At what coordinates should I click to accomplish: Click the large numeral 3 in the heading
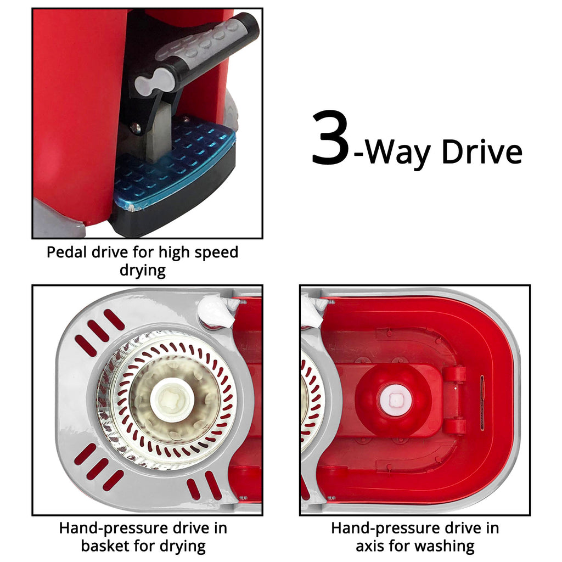click(x=330, y=138)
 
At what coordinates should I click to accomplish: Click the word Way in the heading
click(x=397, y=154)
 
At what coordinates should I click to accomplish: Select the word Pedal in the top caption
click(x=68, y=252)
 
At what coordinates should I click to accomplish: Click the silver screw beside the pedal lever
click(x=136, y=127)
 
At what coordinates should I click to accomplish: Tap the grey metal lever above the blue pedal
click(x=158, y=133)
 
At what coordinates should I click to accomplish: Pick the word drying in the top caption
click(x=143, y=271)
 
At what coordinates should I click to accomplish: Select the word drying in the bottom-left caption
click(x=182, y=547)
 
